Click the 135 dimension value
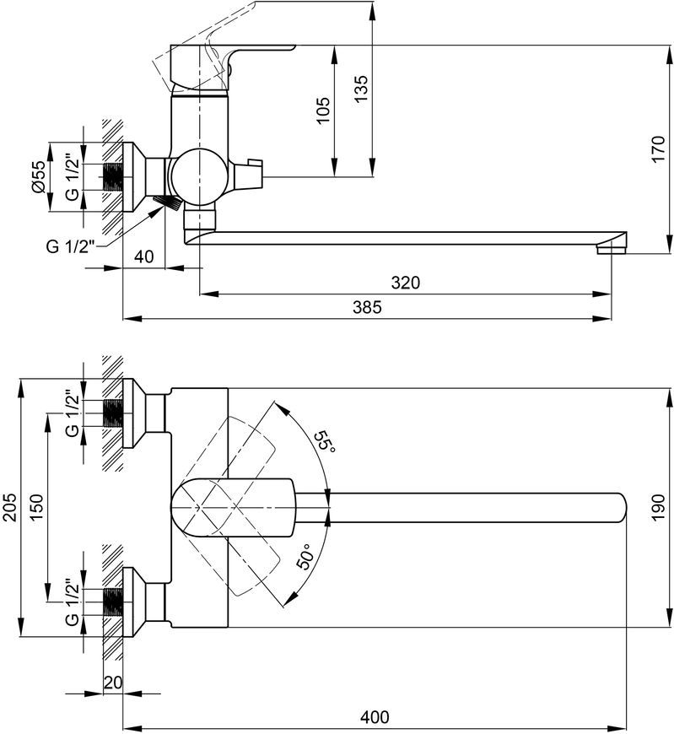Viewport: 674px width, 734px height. pos(361,89)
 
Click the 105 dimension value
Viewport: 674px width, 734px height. pos(323,110)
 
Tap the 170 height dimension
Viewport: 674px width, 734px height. pos(658,148)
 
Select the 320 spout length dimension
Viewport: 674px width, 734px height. pos(406,283)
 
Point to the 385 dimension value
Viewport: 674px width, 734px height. pos(368,307)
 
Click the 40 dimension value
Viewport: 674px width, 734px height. pos(143,256)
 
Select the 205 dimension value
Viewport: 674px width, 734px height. pos(10,507)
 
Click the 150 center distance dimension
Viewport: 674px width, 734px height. pos(36,507)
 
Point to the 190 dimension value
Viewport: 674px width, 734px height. pos(658,507)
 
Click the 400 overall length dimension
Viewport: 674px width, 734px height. pos(375,716)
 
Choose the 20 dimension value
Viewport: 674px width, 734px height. pos(112,682)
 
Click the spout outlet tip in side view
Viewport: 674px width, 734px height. pos(612,250)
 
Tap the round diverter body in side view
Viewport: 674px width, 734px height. pos(199,177)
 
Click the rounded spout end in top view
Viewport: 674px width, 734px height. pos(621,507)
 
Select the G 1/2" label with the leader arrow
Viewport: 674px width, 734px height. pos(70,246)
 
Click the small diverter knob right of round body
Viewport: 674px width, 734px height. pos(249,173)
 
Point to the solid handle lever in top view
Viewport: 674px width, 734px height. pos(233,507)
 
